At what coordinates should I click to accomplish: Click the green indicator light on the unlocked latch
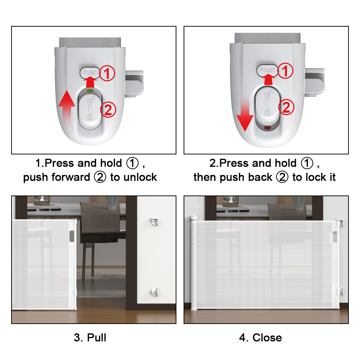tap(90, 91)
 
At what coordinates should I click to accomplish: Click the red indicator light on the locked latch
tap(267, 128)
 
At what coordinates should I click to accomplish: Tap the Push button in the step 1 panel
tap(90, 73)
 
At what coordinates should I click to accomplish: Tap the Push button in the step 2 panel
tap(267, 70)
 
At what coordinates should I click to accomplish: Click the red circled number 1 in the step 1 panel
tap(107, 73)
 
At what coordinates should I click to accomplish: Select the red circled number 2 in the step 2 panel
tap(286, 107)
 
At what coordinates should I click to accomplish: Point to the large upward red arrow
tap(67, 107)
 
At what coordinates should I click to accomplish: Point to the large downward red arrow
tap(245, 114)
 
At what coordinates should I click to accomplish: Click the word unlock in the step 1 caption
tap(140, 177)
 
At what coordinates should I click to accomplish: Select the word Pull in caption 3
tap(96, 338)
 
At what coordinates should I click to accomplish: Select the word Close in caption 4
tap(267, 338)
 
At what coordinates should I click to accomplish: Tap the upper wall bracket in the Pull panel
tap(154, 222)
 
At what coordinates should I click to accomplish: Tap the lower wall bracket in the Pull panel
tap(154, 292)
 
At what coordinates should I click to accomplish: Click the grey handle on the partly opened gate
tap(72, 236)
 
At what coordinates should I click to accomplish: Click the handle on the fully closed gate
tap(335, 237)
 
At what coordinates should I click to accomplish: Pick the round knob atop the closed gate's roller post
tap(194, 217)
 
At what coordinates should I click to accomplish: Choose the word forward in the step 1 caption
tap(71, 177)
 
